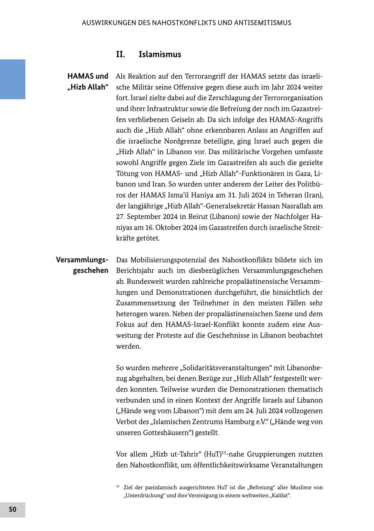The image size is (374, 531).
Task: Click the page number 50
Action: (12, 510)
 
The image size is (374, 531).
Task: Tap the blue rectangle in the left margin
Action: (12, 79)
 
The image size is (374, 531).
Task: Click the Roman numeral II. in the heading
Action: (121, 54)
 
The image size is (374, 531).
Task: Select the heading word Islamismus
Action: (160, 54)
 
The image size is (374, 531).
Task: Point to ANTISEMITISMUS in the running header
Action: (263, 23)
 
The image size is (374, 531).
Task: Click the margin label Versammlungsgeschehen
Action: (82, 265)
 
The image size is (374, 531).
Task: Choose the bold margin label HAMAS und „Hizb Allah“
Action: (88, 82)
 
